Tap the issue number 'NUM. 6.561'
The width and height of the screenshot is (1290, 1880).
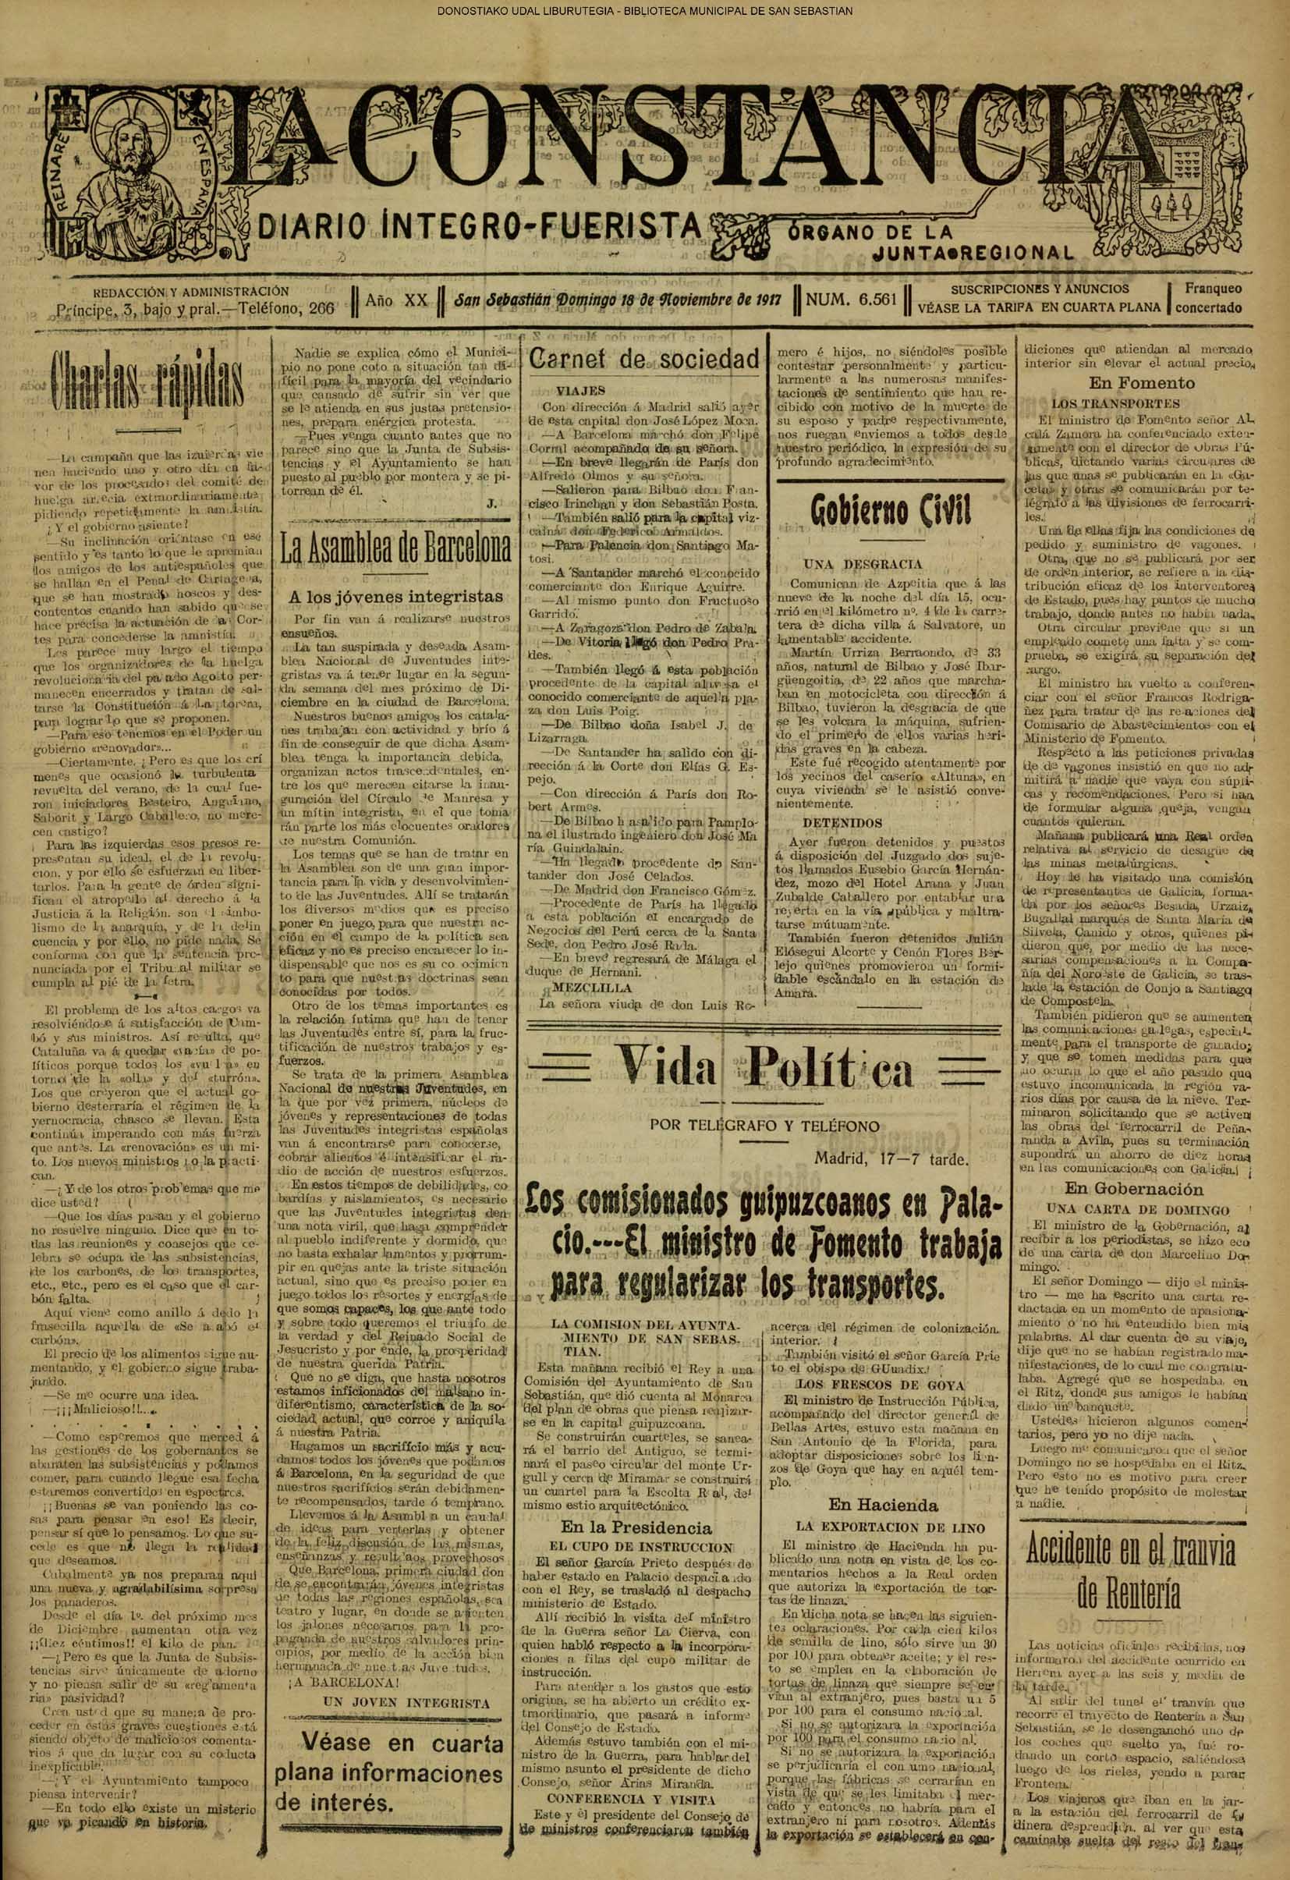851,300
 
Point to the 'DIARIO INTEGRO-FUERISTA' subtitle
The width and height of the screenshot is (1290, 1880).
479,225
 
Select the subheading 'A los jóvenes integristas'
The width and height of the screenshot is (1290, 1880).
395,596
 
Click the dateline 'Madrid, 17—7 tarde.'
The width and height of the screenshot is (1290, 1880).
891,1159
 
